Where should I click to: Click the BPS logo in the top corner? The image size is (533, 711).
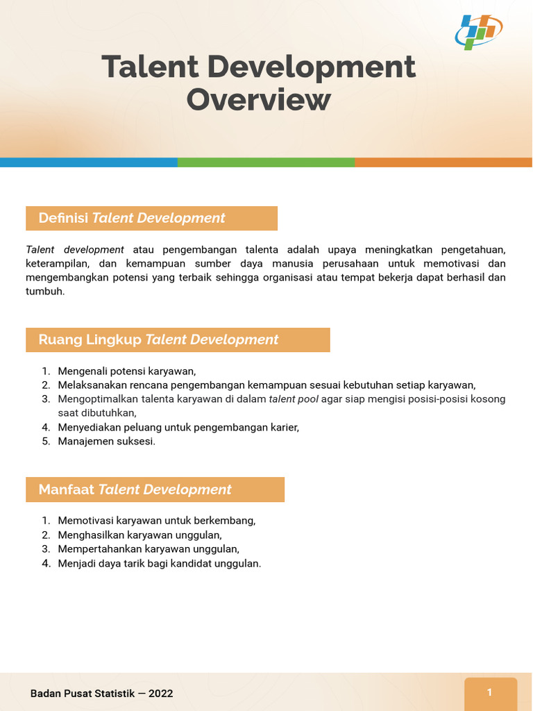tap(479, 31)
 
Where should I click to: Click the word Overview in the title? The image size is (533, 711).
tap(258, 99)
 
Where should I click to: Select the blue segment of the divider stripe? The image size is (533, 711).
tap(88, 162)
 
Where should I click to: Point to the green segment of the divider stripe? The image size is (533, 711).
tap(266, 162)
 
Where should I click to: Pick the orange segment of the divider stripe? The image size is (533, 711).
tap(443, 162)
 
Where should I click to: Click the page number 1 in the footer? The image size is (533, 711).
tap(490, 692)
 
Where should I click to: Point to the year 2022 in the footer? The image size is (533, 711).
tap(160, 694)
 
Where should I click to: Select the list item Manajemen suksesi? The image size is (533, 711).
tap(106, 442)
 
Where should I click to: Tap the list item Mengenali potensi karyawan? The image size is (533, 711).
tap(127, 371)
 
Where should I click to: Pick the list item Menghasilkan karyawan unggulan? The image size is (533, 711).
tap(139, 535)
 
